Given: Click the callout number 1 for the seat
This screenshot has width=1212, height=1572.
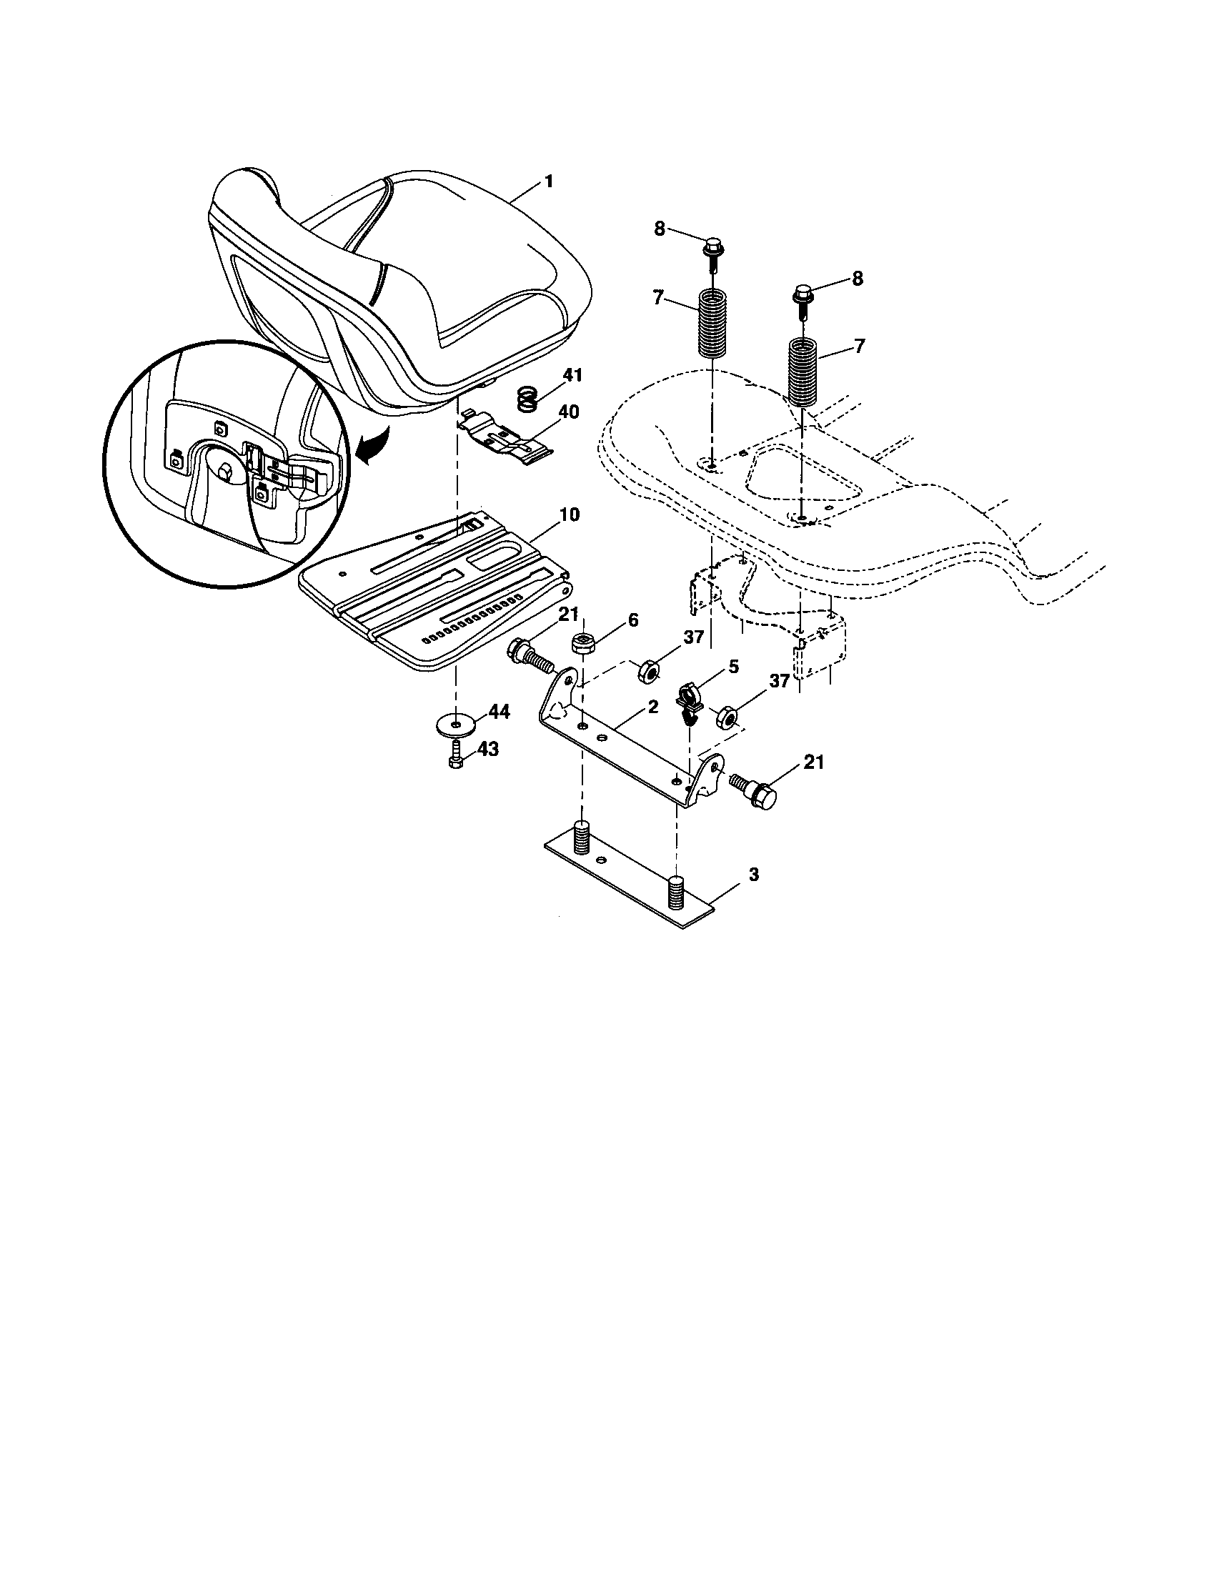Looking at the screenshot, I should [549, 182].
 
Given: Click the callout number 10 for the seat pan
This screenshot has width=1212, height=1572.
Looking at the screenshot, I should [570, 514].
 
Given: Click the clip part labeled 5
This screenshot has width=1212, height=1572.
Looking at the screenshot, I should [689, 700].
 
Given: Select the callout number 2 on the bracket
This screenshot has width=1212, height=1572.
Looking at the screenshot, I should [652, 707].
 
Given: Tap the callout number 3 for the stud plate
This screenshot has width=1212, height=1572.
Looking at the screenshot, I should [752, 875].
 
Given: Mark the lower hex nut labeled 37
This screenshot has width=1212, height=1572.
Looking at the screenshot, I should [726, 717].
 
